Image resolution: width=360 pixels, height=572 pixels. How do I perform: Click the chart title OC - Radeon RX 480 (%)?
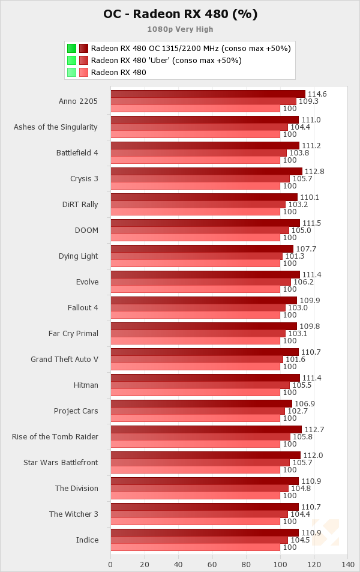(180, 14)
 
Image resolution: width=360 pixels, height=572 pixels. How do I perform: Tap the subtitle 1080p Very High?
(180, 29)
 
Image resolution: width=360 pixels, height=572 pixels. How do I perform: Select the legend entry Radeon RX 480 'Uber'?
(166, 60)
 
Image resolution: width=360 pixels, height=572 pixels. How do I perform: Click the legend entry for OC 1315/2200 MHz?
(191, 48)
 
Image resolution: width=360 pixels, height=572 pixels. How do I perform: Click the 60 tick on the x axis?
(212, 564)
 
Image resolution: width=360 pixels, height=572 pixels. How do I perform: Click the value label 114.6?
(317, 94)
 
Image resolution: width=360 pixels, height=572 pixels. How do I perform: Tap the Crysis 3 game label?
(84, 178)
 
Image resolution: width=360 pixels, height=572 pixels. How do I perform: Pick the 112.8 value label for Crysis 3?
(314, 172)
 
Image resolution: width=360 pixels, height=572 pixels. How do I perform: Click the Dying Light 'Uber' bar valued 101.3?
(196, 256)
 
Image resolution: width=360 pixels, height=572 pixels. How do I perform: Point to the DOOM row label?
(87, 230)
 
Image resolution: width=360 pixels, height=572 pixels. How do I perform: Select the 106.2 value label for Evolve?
(302, 281)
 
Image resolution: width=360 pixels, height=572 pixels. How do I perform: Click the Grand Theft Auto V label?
(65, 359)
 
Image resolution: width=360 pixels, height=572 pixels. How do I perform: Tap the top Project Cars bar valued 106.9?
(201, 404)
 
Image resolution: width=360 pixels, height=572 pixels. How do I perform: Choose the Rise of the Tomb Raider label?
(55, 436)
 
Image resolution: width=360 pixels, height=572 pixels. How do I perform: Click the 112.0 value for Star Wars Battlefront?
(312, 456)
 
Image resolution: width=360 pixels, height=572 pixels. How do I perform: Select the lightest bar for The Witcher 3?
(195, 521)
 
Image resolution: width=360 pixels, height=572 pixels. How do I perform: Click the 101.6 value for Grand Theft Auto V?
(295, 359)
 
